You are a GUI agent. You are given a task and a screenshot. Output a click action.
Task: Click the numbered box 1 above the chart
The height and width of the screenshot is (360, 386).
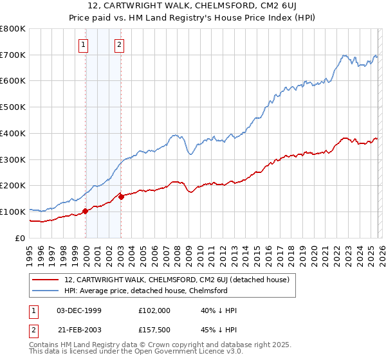[84, 45]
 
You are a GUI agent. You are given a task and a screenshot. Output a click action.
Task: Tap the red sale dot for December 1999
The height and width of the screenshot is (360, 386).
[85, 211]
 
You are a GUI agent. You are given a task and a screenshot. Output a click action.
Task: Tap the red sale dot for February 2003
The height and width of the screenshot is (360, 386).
[121, 197]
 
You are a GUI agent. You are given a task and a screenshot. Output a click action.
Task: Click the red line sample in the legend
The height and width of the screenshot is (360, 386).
[46, 280]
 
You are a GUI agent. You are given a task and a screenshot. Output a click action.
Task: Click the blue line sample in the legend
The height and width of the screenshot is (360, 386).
[46, 291]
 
